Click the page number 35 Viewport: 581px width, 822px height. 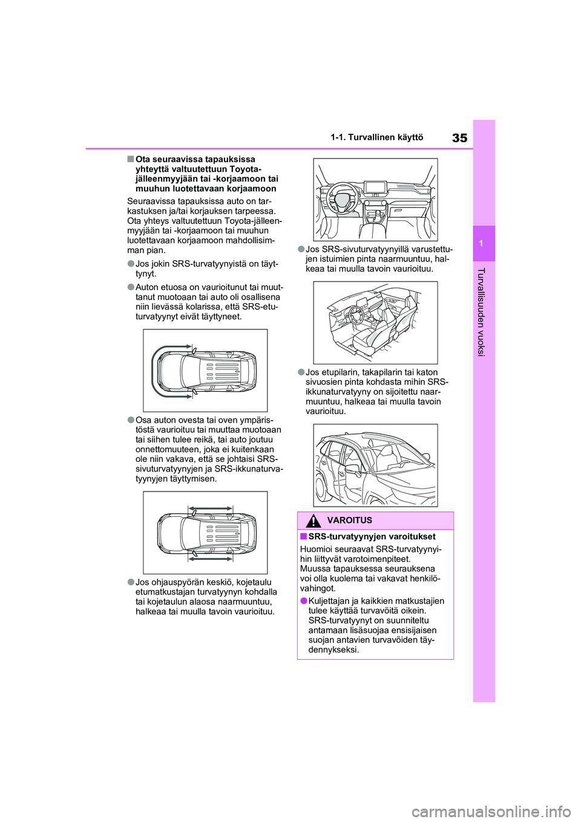click(x=459, y=137)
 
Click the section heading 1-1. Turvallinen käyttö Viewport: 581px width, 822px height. click(x=377, y=138)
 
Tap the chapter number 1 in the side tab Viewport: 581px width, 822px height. click(x=484, y=243)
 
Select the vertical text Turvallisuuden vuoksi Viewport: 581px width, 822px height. click(x=484, y=311)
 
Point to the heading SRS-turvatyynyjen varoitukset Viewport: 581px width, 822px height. click(x=372, y=536)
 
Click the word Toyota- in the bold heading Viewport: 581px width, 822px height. click(x=246, y=169)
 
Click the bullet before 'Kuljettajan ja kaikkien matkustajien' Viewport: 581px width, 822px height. click(x=303, y=601)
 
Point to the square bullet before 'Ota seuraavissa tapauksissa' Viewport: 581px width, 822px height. click(x=131, y=159)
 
